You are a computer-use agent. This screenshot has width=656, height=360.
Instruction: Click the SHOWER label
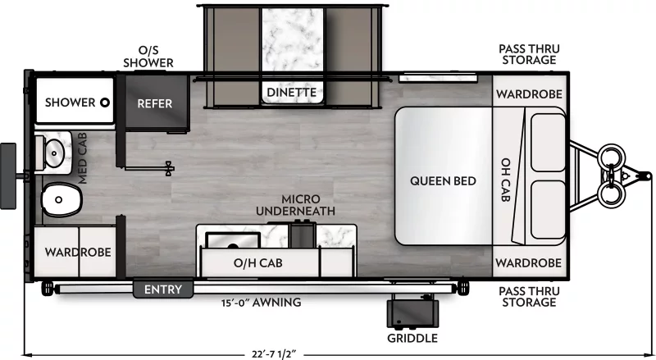click(x=70, y=103)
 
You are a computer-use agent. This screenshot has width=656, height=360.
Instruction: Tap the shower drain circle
click(x=105, y=103)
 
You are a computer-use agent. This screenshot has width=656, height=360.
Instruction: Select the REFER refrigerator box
click(x=154, y=103)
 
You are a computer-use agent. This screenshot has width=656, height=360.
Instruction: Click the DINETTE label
click(x=290, y=93)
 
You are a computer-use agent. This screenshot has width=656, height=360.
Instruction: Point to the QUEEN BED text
click(x=443, y=180)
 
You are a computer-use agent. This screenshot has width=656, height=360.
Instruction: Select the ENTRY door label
click(x=162, y=289)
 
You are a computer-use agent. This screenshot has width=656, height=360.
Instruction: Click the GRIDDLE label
click(x=413, y=338)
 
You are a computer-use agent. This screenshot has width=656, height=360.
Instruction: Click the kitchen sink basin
click(x=233, y=239)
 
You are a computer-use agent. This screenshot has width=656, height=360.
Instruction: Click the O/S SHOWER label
click(x=148, y=57)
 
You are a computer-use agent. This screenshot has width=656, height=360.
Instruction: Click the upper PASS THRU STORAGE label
click(x=528, y=54)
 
